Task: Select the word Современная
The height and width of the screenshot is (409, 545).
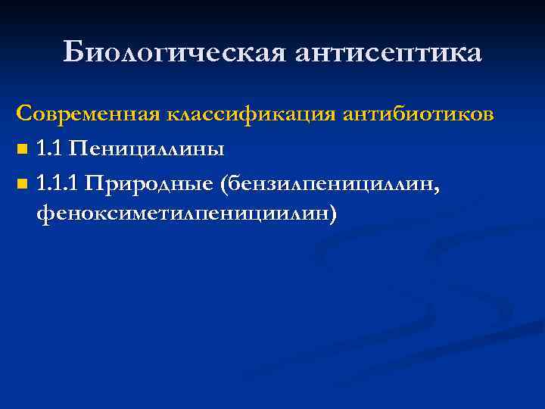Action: [x=88, y=115]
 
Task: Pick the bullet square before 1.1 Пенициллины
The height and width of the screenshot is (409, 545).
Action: [x=22, y=151]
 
